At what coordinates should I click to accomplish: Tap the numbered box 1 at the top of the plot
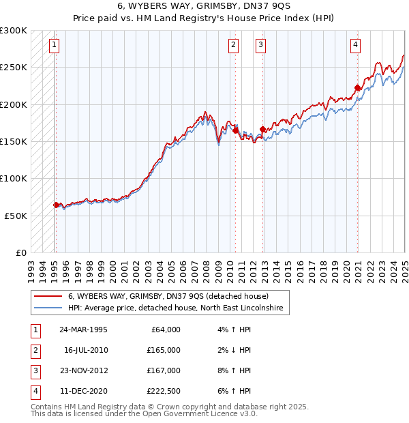pos(54,46)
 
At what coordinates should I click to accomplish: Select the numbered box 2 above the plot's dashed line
pos(233,46)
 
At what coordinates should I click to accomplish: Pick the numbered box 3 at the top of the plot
pos(261,46)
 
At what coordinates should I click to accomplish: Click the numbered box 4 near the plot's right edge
pos(356,46)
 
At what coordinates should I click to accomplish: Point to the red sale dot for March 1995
pos(56,205)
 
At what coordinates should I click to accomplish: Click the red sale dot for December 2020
pos(357,87)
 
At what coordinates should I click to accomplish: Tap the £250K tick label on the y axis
pos(14,68)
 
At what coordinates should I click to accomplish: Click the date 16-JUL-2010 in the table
pos(86,350)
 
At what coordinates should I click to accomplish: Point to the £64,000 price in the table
pos(164,330)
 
